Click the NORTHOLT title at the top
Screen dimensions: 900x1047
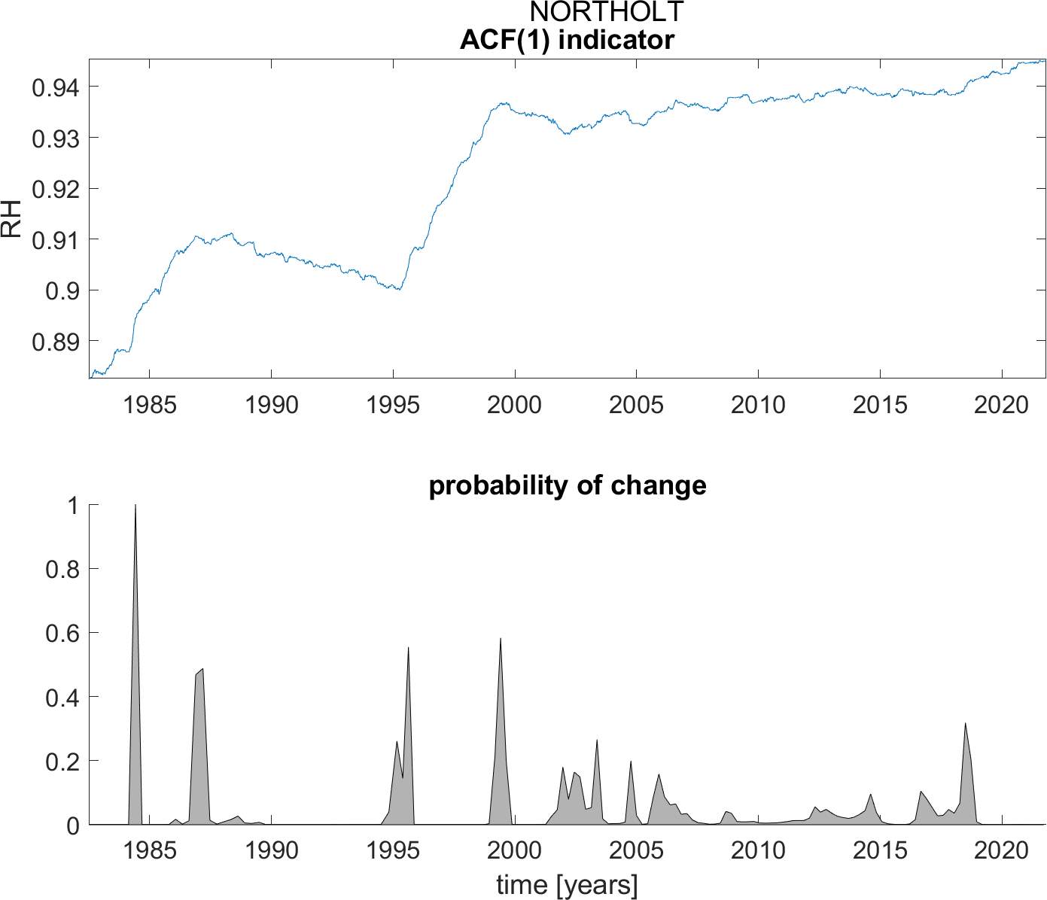point(607,12)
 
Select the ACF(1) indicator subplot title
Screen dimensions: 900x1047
point(567,40)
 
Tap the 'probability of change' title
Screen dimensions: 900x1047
point(567,485)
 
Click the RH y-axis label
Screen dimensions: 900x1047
point(12,218)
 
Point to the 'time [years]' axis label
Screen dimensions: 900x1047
point(567,885)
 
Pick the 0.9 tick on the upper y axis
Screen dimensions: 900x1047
point(61,290)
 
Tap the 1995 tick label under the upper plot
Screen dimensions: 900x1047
point(393,405)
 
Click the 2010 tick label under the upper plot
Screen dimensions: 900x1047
point(758,405)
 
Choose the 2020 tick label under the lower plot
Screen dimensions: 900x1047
point(1001,850)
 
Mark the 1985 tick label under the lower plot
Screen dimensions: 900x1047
point(149,850)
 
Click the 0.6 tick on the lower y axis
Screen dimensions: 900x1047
point(62,633)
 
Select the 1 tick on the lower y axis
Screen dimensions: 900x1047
point(72,506)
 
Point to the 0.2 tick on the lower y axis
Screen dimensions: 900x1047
point(62,761)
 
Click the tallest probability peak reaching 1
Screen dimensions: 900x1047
point(135,506)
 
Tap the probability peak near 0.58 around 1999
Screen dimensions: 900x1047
point(501,639)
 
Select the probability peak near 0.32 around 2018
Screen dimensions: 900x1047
point(965,724)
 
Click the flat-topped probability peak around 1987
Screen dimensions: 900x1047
point(199,671)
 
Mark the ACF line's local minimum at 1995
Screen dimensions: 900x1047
point(399,289)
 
